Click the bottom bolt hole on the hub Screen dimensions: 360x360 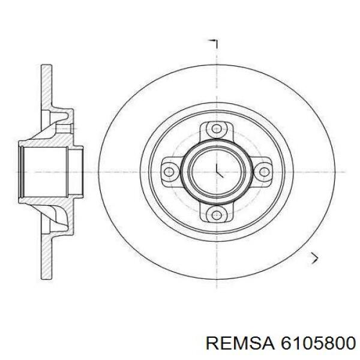click(x=215, y=215)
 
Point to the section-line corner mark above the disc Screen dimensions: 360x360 click(x=214, y=43)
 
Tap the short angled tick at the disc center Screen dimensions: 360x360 click(x=219, y=173)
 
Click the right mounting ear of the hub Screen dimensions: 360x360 click(x=265, y=172)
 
